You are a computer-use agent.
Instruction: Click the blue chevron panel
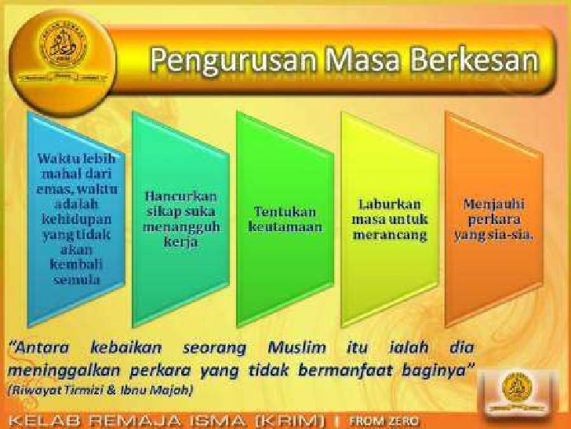(x=75, y=216)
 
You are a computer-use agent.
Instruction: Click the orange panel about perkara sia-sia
(x=490, y=216)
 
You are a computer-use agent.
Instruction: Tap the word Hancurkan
(x=181, y=196)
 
